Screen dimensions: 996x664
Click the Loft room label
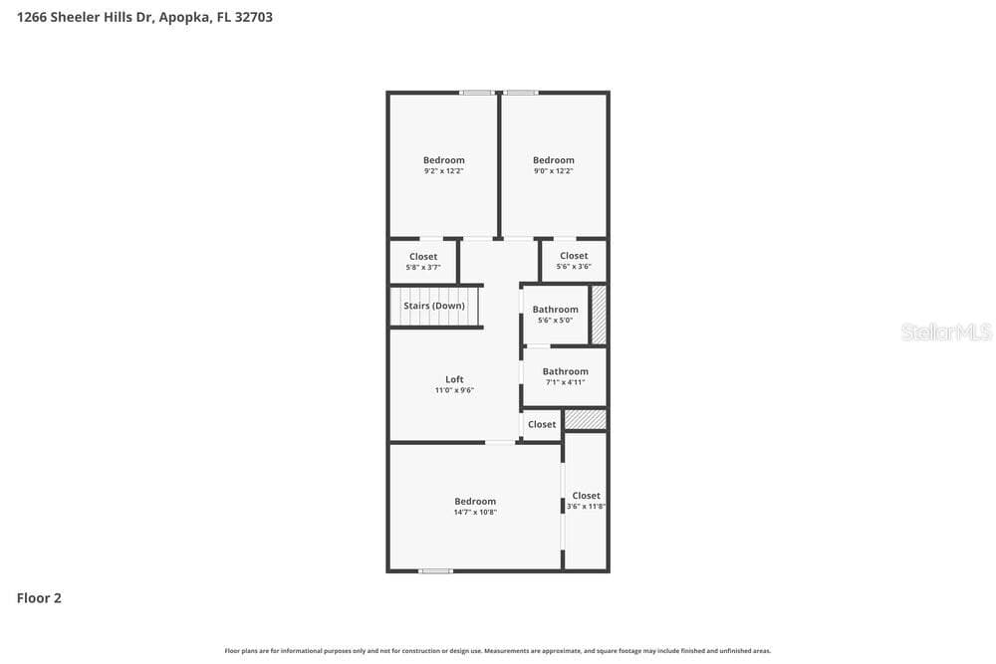click(x=454, y=379)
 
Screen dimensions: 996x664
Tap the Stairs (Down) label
click(x=434, y=306)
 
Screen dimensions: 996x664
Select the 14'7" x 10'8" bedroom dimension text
click(x=475, y=513)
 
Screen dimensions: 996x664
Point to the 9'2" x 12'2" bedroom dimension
click(x=444, y=171)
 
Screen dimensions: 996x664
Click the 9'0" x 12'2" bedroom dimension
click(x=553, y=171)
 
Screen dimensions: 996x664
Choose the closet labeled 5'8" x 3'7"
click(x=423, y=262)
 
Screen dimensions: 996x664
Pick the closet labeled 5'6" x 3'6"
click(x=574, y=260)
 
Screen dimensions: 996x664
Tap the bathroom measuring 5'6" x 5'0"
click(x=555, y=315)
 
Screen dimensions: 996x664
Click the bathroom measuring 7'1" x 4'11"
click(x=566, y=376)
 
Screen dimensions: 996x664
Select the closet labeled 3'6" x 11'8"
click(x=586, y=500)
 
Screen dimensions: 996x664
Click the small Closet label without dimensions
click(x=542, y=424)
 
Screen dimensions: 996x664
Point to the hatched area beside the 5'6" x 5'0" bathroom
click(x=599, y=315)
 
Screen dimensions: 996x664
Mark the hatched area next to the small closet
click(x=585, y=419)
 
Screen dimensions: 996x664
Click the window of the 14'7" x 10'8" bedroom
click(x=436, y=570)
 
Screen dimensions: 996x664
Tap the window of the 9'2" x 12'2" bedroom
click(x=477, y=93)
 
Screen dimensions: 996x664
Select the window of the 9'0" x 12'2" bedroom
click(x=521, y=93)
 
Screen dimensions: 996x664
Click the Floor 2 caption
click(x=39, y=598)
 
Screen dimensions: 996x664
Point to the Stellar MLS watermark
click(x=946, y=332)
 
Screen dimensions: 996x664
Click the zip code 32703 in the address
click(x=253, y=17)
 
